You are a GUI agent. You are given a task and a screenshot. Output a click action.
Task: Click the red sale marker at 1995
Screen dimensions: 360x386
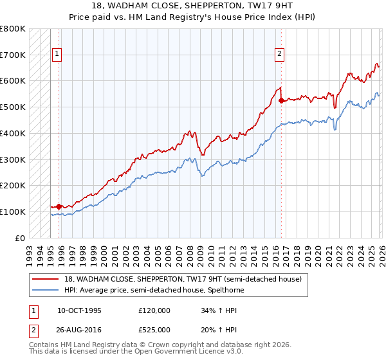pyautogui.click(x=59, y=206)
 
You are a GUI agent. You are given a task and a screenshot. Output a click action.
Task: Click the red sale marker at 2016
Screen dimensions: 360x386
pyautogui.click(x=281, y=100)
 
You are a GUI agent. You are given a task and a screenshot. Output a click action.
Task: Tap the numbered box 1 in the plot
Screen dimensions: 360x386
pyautogui.click(x=58, y=55)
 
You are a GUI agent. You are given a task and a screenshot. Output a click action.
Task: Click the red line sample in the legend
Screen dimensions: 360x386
pyautogui.click(x=46, y=278)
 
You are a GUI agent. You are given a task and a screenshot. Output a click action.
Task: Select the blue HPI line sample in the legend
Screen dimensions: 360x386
pyautogui.click(x=46, y=289)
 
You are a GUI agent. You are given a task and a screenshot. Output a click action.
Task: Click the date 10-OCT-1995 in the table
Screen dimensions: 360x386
pyautogui.click(x=79, y=310)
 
